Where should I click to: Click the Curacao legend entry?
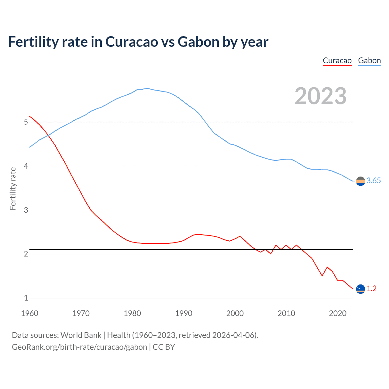coord(337,60)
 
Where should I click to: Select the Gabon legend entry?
coord(369,60)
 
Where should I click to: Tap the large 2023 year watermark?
coord(321,96)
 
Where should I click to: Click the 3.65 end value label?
coord(374,181)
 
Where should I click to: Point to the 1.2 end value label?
coord(371,289)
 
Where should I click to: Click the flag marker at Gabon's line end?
coord(360,181)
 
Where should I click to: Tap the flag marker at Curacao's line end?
coord(360,289)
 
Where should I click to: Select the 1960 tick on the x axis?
coord(29,313)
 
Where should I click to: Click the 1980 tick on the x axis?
coord(132,313)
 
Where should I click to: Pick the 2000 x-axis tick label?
coord(235,313)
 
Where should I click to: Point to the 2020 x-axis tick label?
coord(338,313)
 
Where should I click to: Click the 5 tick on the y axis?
coord(26,122)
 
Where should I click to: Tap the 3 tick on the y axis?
coord(26,210)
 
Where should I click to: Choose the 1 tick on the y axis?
coord(26,298)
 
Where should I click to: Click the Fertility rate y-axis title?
coord(13,188)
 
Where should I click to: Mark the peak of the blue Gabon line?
coord(147,88)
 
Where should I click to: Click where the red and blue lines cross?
coord(48,135)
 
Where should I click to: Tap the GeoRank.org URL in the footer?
coord(79,347)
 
